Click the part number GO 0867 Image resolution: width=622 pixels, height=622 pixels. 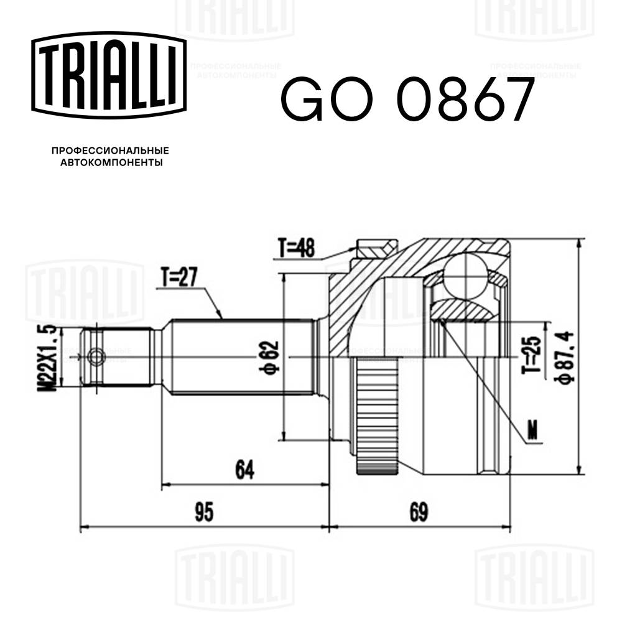coord(407,100)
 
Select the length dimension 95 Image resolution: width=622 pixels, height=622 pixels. coord(203,513)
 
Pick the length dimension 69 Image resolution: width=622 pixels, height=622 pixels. coord(419,513)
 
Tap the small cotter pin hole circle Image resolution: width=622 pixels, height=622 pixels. coord(96,357)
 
